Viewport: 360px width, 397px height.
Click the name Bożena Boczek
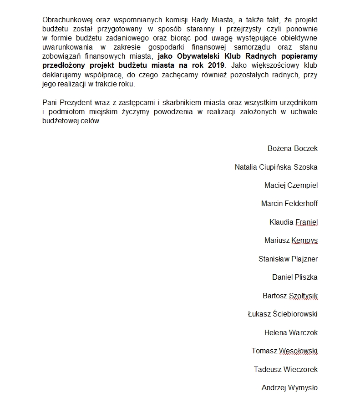pyautogui.click(x=293, y=148)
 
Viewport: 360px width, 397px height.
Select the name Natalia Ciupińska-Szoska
pyautogui.click(x=276, y=167)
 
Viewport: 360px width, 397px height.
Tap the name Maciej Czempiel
pyautogui.click(x=291, y=185)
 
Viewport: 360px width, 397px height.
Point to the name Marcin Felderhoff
pyautogui.click(x=289, y=203)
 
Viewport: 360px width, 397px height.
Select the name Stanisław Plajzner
pyautogui.click(x=288, y=259)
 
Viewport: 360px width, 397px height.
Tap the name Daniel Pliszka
pyautogui.click(x=295, y=277)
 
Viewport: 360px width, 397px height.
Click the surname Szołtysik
pyautogui.click(x=303, y=296)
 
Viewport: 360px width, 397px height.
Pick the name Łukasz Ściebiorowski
pyautogui.click(x=283, y=314)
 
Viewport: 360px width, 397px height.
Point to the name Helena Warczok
pyautogui.click(x=291, y=332)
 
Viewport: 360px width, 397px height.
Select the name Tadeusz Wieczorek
pyautogui.click(x=286, y=369)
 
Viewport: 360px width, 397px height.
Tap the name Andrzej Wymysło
pyautogui.click(x=289, y=387)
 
